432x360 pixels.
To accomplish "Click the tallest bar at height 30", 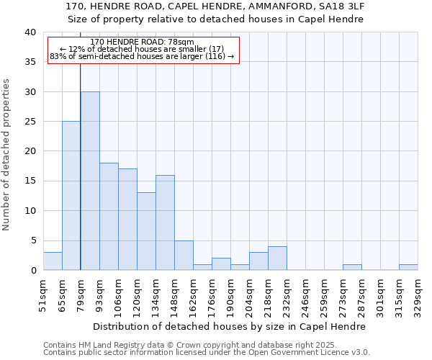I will pos(90,181).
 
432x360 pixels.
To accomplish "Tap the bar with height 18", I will pos(109,217).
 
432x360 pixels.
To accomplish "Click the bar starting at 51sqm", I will pos(53,261).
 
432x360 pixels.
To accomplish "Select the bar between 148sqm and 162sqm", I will pos(184,256).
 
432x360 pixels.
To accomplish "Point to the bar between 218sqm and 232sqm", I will pos(277,258).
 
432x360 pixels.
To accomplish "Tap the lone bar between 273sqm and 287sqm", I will pos(352,267).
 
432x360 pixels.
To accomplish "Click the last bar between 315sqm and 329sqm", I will pos(408,267).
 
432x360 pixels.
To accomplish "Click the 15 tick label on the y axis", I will pos(30,181).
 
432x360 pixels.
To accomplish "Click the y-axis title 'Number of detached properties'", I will pos(8,151).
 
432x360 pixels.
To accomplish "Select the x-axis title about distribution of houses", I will pos(230,326).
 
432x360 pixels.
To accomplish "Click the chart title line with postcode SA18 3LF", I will pos(215,6).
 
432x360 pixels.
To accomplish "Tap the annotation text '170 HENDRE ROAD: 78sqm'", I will pos(143,42).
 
